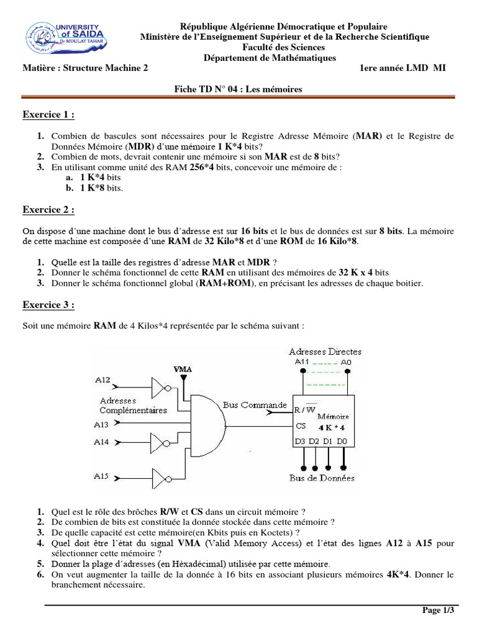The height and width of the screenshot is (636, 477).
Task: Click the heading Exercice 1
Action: tap(48, 114)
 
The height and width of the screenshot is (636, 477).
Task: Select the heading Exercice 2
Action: tap(48, 209)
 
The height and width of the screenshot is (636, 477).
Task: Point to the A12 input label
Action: tap(102, 379)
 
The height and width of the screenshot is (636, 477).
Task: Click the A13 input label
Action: tap(102, 424)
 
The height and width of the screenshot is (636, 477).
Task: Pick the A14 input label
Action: tap(102, 442)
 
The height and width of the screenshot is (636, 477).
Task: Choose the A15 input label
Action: tap(102, 476)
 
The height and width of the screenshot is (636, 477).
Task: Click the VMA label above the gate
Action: tap(183, 370)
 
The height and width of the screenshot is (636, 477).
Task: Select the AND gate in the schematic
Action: tap(207, 424)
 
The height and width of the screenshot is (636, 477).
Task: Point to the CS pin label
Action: tap(301, 426)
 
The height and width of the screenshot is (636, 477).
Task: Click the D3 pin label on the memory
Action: tap(300, 442)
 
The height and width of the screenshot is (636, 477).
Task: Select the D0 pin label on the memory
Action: tap(342, 442)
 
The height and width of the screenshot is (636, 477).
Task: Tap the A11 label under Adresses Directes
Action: tap(301, 361)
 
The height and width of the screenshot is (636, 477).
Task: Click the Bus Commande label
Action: tap(255, 405)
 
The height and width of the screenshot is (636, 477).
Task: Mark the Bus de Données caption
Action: tap(322, 478)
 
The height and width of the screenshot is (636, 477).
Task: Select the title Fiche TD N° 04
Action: tap(238, 89)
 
